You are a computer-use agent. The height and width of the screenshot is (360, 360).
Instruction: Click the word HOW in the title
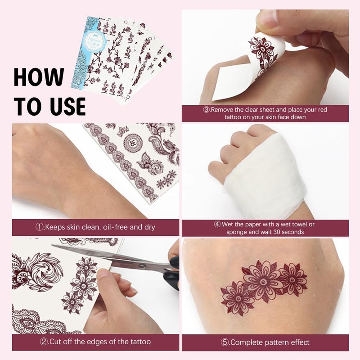click(39, 77)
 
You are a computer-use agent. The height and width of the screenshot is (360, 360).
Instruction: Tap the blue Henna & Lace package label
click(97, 42)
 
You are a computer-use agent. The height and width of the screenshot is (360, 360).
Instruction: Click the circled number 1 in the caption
click(40, 227)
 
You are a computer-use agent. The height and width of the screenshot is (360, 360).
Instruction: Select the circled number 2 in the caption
click(44, 342)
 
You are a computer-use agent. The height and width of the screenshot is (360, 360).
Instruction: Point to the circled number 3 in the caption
click(207, 109)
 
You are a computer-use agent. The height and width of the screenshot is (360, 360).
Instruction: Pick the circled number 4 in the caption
click(217, 224)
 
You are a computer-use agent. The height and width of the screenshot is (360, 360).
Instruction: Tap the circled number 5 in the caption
click(225, 342)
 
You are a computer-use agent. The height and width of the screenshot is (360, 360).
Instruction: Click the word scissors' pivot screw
click(142, 266)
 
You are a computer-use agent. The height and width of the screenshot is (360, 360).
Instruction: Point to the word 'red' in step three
click(322, 109)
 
